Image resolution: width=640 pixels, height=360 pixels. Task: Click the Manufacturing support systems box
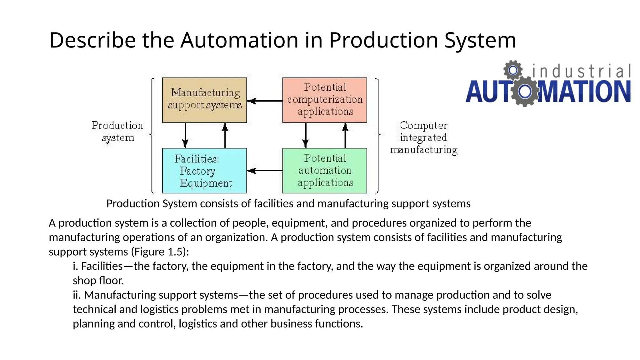click(x=204, y=100)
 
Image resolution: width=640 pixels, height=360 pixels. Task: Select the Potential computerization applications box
click(x=324, y=100)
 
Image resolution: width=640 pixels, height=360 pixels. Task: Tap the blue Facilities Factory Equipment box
click(x=204, y=171)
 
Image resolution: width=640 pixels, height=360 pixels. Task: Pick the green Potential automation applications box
click(x=324, y=171)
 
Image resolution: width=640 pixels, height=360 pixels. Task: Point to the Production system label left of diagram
click(x=117, y=132)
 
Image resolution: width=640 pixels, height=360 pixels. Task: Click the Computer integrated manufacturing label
click(x=423, y=137)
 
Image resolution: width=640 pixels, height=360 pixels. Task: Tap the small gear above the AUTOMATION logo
click(x=513, y=70)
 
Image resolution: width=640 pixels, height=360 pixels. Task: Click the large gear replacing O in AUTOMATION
click(x=525, y=91)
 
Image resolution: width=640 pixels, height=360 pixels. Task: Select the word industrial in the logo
click(x=581, y=71)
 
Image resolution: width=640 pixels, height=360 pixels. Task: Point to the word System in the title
click(x=480, y=40)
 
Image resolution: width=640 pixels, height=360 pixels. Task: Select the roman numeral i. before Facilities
click(x=75, y=266)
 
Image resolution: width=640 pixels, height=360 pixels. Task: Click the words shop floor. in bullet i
click(x=98, y=280)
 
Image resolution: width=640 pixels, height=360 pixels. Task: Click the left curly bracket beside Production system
click(x=152, y=135)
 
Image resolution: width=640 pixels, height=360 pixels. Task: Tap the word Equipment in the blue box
click(x=206, y=183)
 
